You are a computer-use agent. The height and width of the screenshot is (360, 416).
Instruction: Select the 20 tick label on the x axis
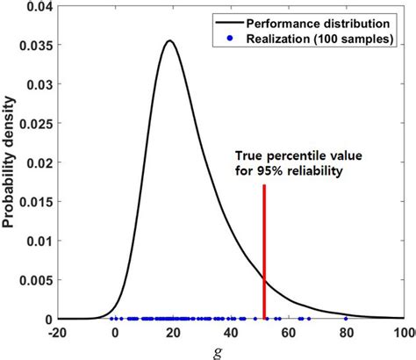tap(173, 332)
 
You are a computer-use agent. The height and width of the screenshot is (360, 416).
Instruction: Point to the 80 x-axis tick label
tap(347, 332)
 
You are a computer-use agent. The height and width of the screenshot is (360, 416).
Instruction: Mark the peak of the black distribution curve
tap(170, 40)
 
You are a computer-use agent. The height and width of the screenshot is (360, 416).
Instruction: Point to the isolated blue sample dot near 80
tap(346, 318)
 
